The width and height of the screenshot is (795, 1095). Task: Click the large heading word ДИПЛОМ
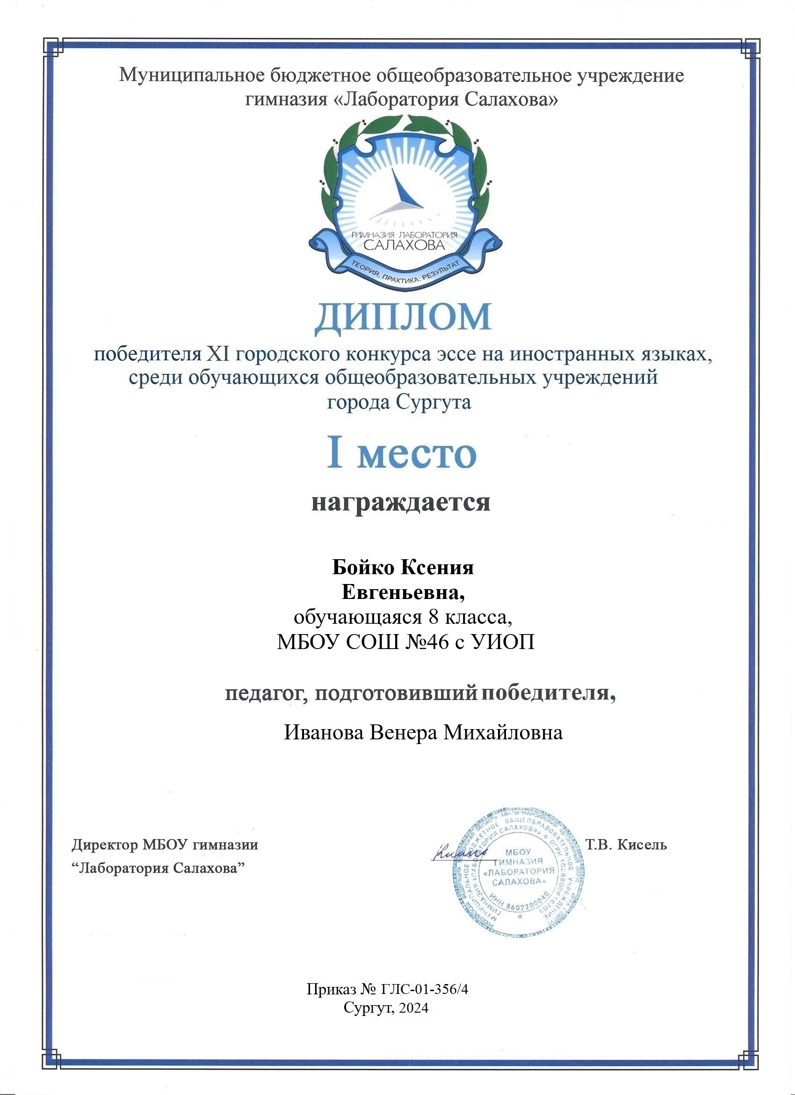[403, 318]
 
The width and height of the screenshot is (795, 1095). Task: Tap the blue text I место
[402, 454]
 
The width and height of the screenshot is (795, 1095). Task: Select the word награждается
[401, 502]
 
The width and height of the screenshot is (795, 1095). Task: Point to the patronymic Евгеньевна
[403, 592]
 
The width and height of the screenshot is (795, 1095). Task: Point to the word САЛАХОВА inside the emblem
[403, 245]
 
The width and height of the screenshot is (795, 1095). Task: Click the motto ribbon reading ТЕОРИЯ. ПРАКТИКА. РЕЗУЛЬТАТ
[403, 272]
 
